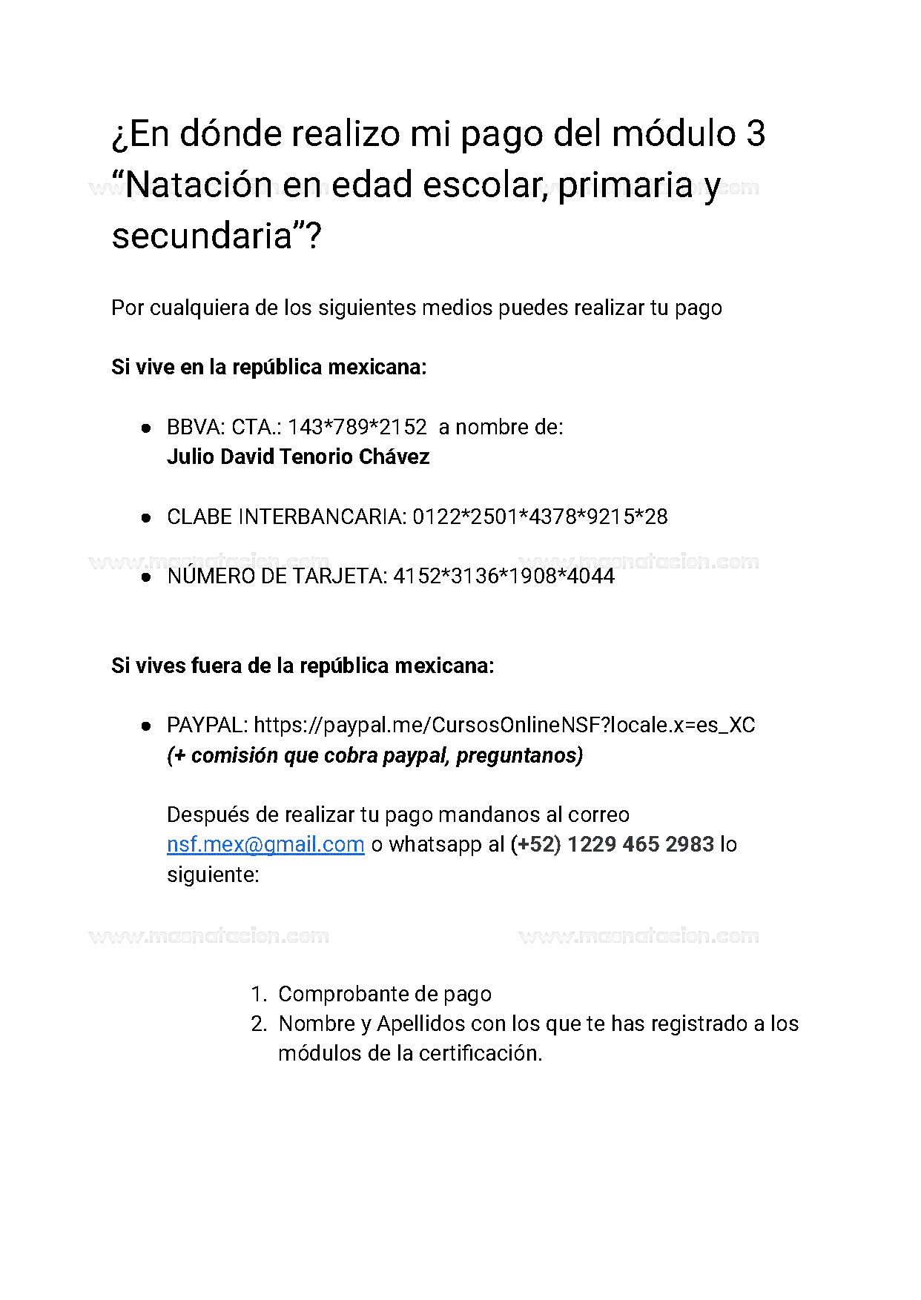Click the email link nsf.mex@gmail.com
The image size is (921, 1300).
click(265, 844)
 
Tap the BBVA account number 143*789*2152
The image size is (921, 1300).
click(357, 427)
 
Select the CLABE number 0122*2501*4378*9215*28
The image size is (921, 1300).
click(540, 517)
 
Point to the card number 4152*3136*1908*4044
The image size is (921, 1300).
click(504, 576)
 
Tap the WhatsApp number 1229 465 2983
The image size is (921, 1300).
click(641, 844)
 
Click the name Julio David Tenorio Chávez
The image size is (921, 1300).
click(298, 457)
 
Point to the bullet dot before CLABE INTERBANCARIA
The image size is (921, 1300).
click(146, 517)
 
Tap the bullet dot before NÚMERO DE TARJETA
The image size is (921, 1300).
click(146, 577)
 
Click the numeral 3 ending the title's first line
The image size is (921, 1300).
click(756, 134)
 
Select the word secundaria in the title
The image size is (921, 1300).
click(202, 236)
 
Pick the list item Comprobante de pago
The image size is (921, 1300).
click(385, 994)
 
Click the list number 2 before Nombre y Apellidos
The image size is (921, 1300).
click(258, 1024)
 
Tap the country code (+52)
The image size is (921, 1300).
click(535, 844)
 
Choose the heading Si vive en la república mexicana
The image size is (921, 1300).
click(269, 367)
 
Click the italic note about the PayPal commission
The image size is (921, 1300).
click(374, 755)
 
